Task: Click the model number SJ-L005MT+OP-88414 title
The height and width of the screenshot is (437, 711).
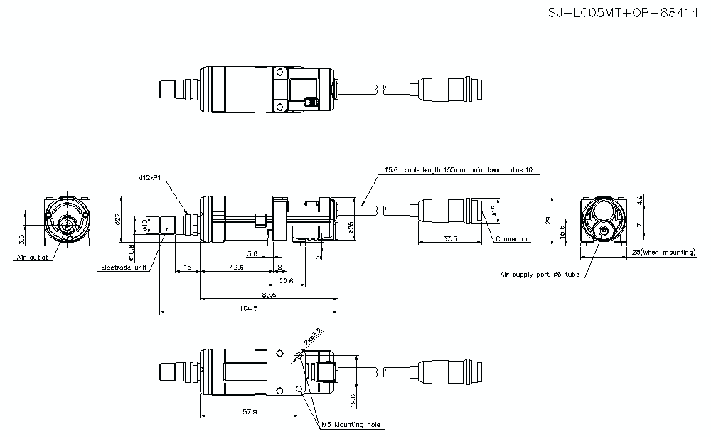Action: pyautogui.click(x=624, y=14)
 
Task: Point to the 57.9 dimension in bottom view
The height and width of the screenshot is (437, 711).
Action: pyautogui.click(x=248, y=411)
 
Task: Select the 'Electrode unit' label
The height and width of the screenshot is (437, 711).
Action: pyautogui.click(x=124, y=268)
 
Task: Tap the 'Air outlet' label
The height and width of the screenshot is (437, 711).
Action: pyautogui.click(x=31, y=257)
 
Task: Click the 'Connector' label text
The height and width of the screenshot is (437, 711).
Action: pyautogui.click(x=512, y=239)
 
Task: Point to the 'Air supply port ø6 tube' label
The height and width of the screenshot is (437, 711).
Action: pyautogui.click(x=540, y=273)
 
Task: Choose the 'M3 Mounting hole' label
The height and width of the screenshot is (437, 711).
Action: pyautogui.click(x=351, y=425)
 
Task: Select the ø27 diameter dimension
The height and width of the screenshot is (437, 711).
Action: pyautogui.click(x=119, y=220)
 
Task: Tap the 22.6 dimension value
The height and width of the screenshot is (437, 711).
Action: pyautogui.click(x=285, y=280)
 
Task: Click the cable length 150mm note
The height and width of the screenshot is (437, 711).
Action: pyautogui.click(x=458, y=171)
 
